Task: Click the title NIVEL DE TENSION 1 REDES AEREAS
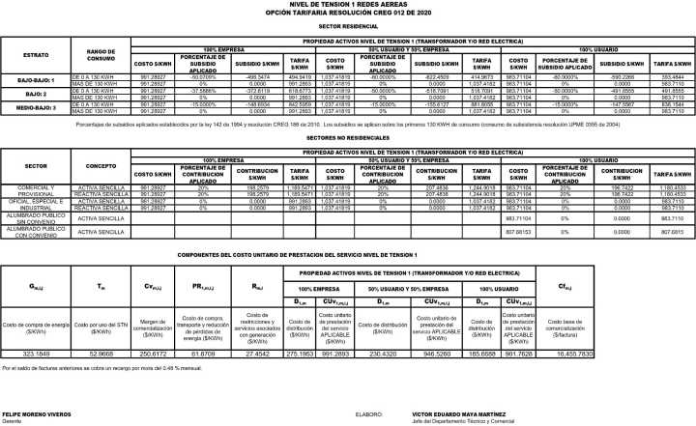point(347,5)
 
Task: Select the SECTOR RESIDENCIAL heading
point(347,29)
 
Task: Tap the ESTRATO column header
point(36,55)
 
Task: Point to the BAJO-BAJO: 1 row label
point(36,79)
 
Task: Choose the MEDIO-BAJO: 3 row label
point(36,109)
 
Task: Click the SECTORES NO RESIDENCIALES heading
point(347,139)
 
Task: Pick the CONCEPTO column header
point(101,165)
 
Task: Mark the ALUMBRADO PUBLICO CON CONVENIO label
point(37,232)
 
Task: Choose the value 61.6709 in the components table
point(204,355)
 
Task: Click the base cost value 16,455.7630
point(649,355)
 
